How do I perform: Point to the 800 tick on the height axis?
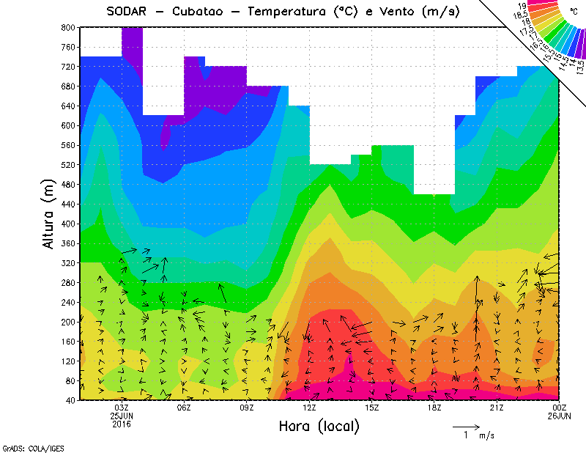coord(67,27)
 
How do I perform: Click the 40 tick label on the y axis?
coord(70,400)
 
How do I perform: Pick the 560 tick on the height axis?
coord(67,145)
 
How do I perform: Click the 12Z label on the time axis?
coord(310,408)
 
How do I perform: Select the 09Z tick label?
coord(247,408)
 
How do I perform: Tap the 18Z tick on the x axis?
coord(434,408)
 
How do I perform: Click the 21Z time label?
coord(497,408)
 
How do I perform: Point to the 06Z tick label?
coord(185,408)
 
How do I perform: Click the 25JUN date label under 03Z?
coord(122,416)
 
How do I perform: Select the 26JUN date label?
coord(559,416)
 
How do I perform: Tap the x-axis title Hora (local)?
coord(319,426)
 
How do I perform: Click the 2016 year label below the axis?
coord(122,424)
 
